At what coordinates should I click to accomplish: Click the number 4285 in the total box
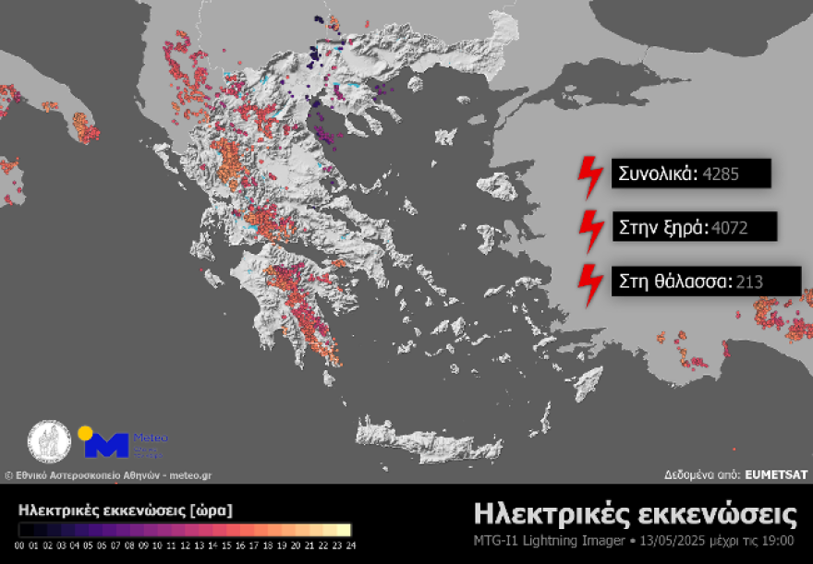tap(721, 173)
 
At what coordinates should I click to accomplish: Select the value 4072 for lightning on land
tap(729, 227)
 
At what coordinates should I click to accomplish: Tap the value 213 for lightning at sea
tap(749, 282)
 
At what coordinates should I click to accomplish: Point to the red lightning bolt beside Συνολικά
tap(587, 173)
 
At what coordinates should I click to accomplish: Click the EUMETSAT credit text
tap(776, 474)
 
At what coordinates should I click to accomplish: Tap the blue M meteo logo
tap(106, 444)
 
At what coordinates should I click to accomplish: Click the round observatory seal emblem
tap(50, 443)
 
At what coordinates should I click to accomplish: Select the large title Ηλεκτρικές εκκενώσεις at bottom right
tap(635, 513)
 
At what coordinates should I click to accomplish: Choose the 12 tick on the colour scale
tap(185, 545)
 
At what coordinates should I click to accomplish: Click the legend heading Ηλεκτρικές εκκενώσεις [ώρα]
tap(125, 510)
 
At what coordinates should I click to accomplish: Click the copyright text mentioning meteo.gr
tap(108, 475)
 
